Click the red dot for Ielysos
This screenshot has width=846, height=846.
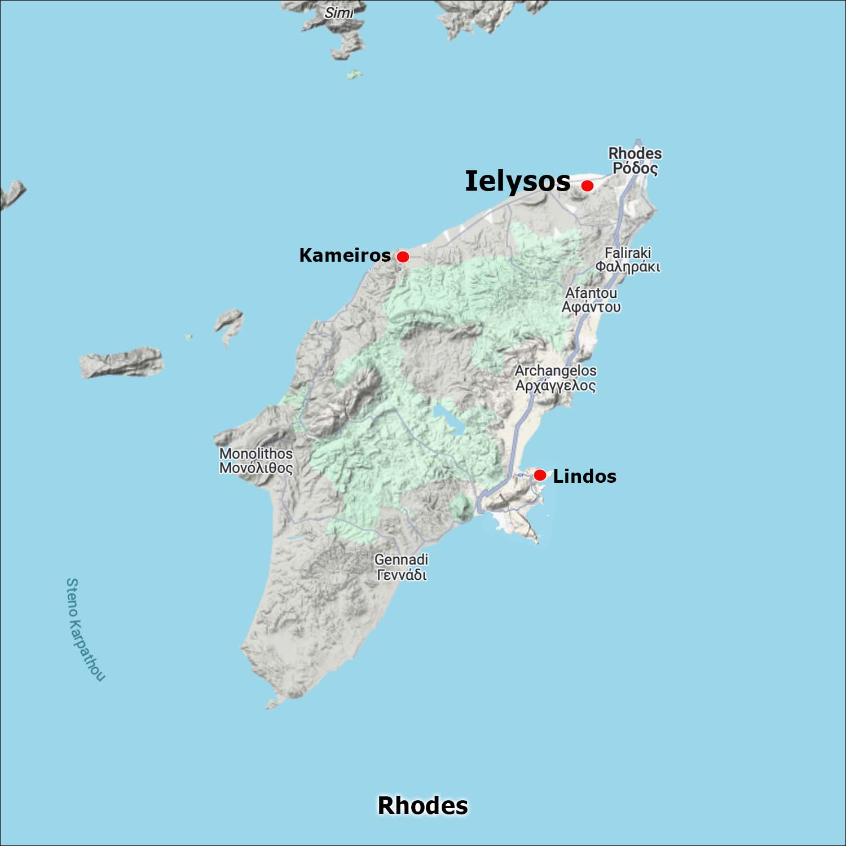pyautogui.click(x=587, y=186)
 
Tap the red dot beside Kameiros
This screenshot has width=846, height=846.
pyautogui.click(x=403, y=257)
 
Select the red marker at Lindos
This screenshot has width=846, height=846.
pyautogui.click(x=540, y=475)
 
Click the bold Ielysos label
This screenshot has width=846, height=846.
pyautogui.click(x=518, y=181)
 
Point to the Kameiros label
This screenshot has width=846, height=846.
pyautogui.click(x=345, y=255)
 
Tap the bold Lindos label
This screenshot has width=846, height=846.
pyautogui.click(x=584, y=476)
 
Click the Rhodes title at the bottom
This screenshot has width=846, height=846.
pyautogui.click(x=422, y=805)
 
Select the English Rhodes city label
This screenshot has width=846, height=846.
pyautogui.click(x=634, y=153)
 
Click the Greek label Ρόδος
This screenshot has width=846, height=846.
pyautogui.click(x=635, y=168)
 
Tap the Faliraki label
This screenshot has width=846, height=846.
pyautogui.click(x=628, y=253)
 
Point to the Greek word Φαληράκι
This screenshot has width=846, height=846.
pyautogui.click(x=628, y=267)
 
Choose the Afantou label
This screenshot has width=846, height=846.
pyautogui.click(x=591, y=293)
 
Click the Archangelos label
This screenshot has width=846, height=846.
pyautogui.click(x=556, y=371)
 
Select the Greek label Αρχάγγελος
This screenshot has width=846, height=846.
pyautogui.click(x=556, y=386)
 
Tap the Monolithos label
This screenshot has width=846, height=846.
pyautogui.click(x=256, y=453)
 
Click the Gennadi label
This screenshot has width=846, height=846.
pyautogui.click(x=401, y=559)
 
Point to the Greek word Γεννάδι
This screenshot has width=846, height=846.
pyautogui.click(x=401, y=575)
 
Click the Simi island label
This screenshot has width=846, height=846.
pyautogui.click(x=338, y=12)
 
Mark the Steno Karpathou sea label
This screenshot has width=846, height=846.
pyautogui.click(x=85, y=629)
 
